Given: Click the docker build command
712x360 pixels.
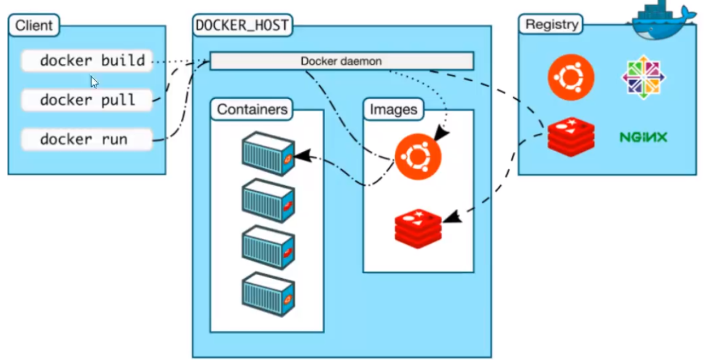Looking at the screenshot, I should (x=87, y=61).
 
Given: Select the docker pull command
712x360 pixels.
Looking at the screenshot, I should (x=87, y=100).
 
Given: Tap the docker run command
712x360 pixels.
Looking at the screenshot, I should (x=87, y=140).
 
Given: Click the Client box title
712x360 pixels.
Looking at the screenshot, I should (x=34, y=26).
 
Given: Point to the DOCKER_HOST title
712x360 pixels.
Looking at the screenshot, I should (x=242, y=26).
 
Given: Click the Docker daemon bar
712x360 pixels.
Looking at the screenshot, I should (x=342, y=62).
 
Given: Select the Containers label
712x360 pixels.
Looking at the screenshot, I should (x=252, y=110).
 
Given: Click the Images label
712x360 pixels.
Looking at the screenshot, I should (x=393, y=110).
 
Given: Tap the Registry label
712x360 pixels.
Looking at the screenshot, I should (x=552, y=25).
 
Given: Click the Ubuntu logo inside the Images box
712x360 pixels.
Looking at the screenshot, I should (x=418, y=156).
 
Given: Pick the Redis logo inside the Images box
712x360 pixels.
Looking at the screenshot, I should (x=418, y=229).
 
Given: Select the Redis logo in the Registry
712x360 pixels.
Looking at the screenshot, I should (x=571, y=137).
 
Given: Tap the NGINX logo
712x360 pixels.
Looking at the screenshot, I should (x=643, y=137).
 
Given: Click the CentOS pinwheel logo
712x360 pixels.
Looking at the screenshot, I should (x=643, y=76).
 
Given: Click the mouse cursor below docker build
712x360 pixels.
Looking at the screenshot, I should (x=94, y=82).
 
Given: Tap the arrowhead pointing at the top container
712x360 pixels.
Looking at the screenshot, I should (x=300, y=156).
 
